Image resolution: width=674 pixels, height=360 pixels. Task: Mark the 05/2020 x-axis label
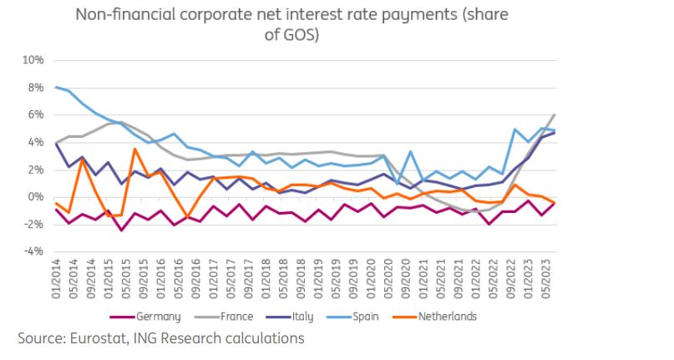(x=387, y=279)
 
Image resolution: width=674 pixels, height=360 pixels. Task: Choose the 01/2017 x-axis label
(x=213, y=279)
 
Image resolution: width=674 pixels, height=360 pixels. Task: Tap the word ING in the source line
(x=147, y=339)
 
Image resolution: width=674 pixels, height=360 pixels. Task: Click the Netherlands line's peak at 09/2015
(x=134, y=150)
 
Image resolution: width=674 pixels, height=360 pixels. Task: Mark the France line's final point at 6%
(x=555, y=115)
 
